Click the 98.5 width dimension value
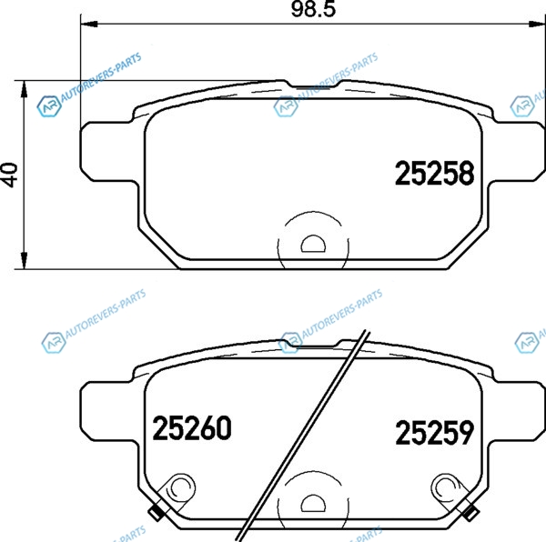click(x=313, y=9)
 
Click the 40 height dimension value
click(x=10, y=175)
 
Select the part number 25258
click(x=435, y=173)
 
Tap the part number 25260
click(x=192, y=428)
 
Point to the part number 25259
click(x=435, y=432)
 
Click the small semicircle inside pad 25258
click(x=313, y=244)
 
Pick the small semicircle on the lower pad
click(x=313, y=503)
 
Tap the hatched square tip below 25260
click(x=156, y=512)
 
